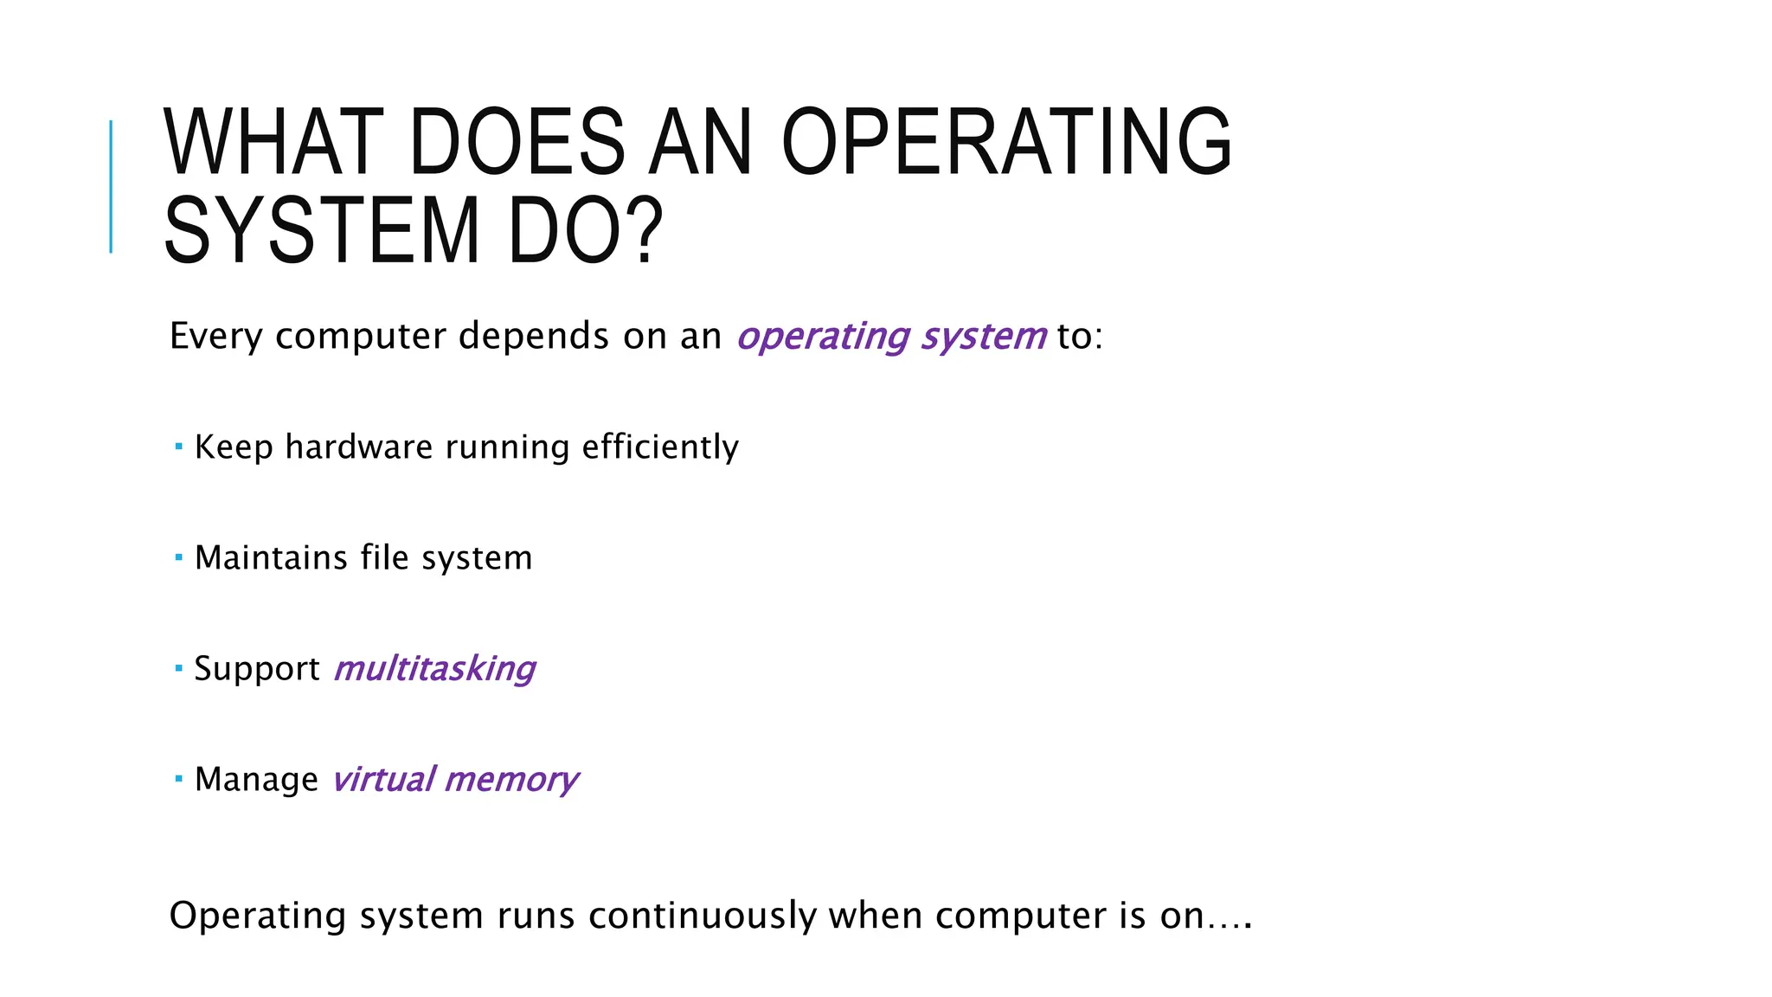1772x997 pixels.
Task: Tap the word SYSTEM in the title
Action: [x=321, y=231]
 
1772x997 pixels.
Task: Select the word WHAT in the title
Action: [x=273, y=142]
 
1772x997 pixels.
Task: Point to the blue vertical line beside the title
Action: [x=111, y=186]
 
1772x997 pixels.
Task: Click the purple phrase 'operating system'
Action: [x=891, y=337]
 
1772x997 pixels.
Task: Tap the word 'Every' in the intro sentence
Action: [x=215, y=337]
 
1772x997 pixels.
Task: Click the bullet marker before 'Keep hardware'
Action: [x=178, y=447]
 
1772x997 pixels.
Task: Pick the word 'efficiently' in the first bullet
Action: [x=660, y=447]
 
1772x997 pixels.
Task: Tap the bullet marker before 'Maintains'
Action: [x=178, y=557]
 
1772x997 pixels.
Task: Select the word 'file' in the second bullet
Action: [x=384, y=558]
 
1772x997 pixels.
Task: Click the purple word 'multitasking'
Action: [x=434, y=669]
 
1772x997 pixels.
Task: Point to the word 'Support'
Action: [x=257, y=669]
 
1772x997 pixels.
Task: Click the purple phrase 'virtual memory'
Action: [x=454, y=780]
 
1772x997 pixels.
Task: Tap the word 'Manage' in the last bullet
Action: [x=256, y=780]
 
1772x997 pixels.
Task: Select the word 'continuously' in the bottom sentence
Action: [x=702, y=916]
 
